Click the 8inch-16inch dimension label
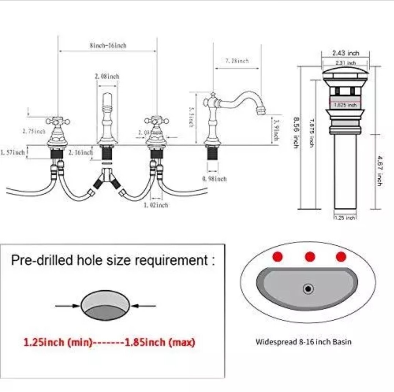[x=108, y=46]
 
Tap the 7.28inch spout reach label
[x=237, y=61]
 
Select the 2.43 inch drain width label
[x=345, y=53]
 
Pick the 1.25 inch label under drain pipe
[x=345, y=218]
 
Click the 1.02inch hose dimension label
[x=156, y=205]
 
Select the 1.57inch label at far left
[x=13, y=152]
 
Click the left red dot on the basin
[x=278, y=257]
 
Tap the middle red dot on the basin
[x=310, y=257]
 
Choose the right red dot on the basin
[x=341, y=257]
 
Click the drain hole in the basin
[x=308, y=289]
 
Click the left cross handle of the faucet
[x=58, y=121]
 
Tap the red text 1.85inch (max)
[x=160, y=343]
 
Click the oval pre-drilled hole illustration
[x=105, y=306]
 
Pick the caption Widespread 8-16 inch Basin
[x=303, y=342]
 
